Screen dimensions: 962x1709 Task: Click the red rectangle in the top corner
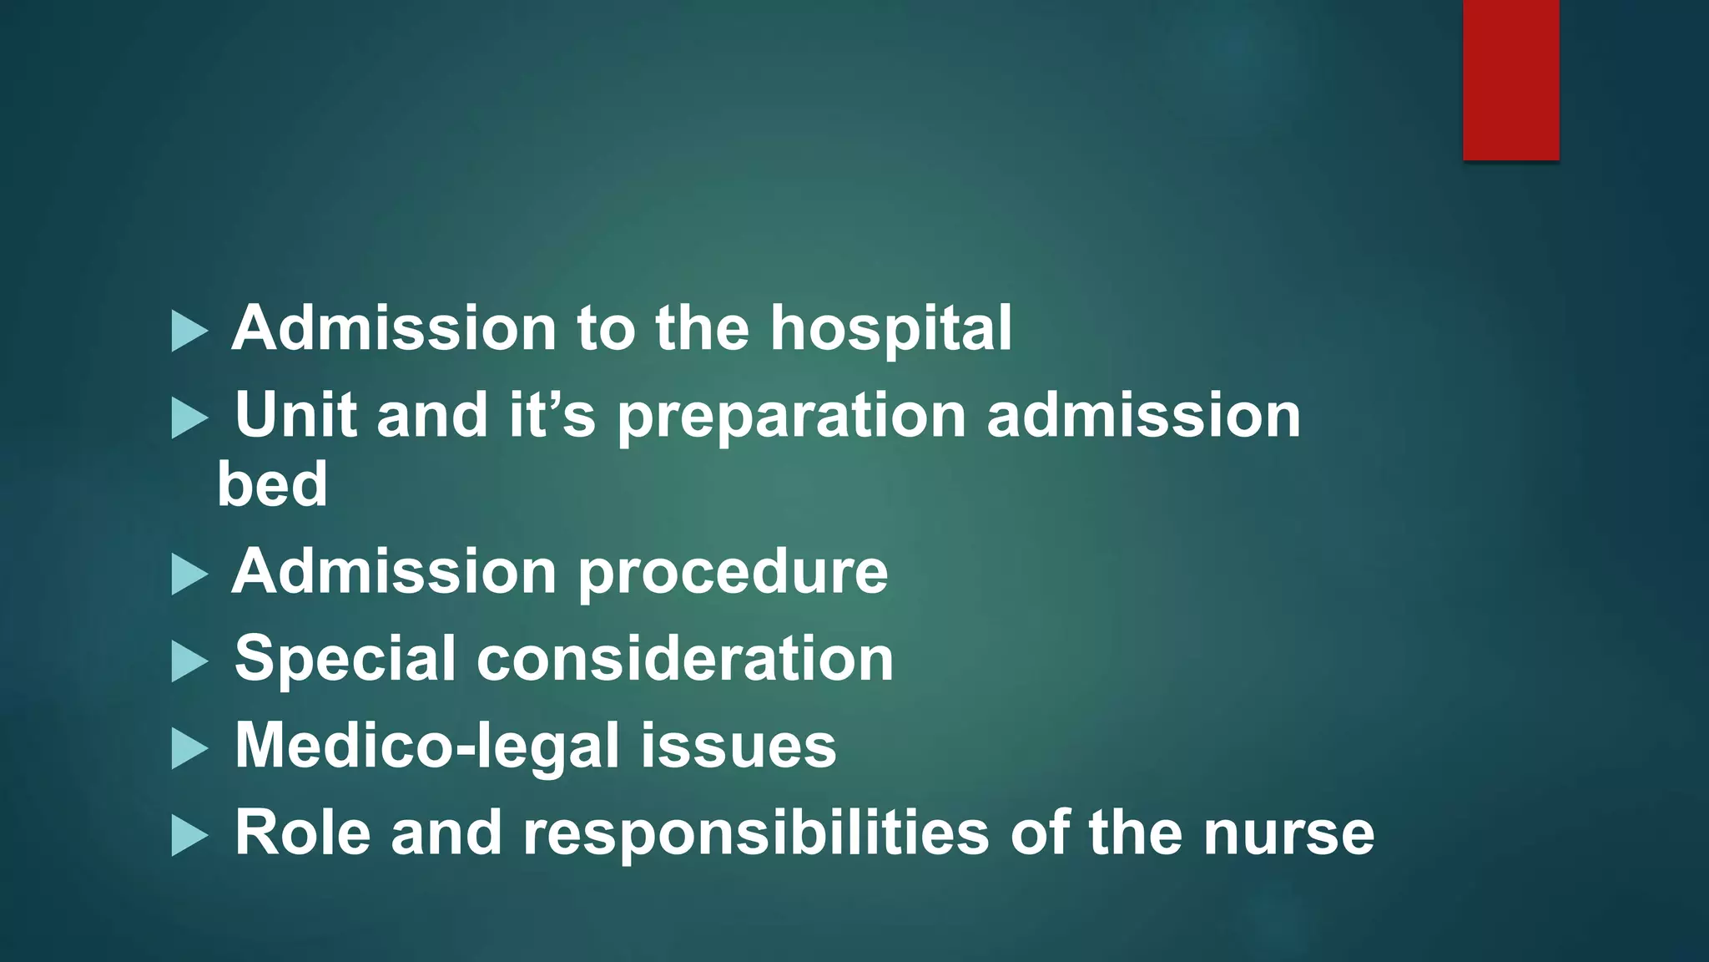[x=1510, y=79]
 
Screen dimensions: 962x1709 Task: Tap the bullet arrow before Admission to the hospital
[x=189, y=332]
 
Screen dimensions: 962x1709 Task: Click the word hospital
[x=890, y=329]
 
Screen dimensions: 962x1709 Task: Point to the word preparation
[x=791, y=417]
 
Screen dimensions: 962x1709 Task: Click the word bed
[x=272, y=484]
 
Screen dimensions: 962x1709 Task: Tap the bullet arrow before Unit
[x=189, y=418]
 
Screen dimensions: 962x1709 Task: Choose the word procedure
[x=733, y=575]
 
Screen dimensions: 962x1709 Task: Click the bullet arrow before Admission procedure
[x=189, y=575]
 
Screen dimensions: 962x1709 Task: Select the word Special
[x=345, y=660]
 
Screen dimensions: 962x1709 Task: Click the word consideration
[x=684, y=659]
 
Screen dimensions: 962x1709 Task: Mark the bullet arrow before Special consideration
[x=189, y=661]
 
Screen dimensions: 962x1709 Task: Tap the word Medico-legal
[x=426, y=746]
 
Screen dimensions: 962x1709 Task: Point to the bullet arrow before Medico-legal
[x=189, y=748]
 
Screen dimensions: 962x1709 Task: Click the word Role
[x=302, y=833]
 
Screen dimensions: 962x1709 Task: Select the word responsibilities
[x=755, y=834]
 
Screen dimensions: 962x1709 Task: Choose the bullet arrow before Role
[x=189, y=835]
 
